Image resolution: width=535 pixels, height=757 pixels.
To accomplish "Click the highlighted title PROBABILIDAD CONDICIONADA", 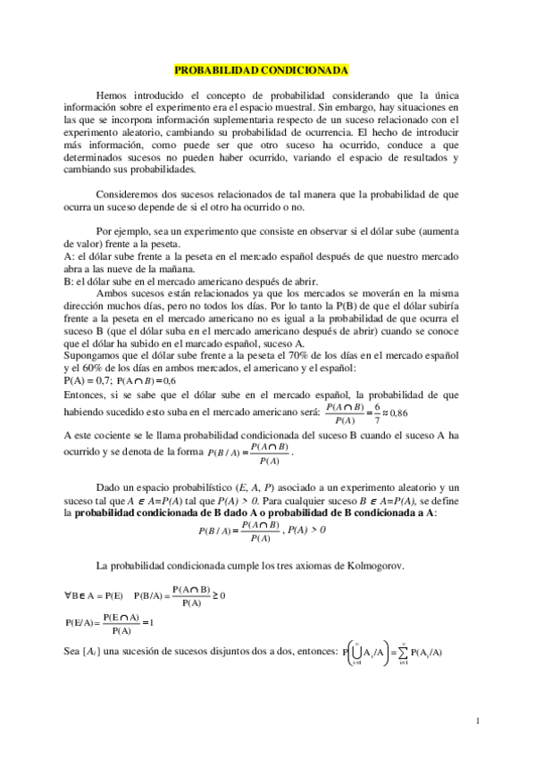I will pos(260,69).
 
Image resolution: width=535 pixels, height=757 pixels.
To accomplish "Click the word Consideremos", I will pos(128,194).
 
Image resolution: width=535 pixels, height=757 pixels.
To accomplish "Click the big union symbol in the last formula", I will pos(355,651).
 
